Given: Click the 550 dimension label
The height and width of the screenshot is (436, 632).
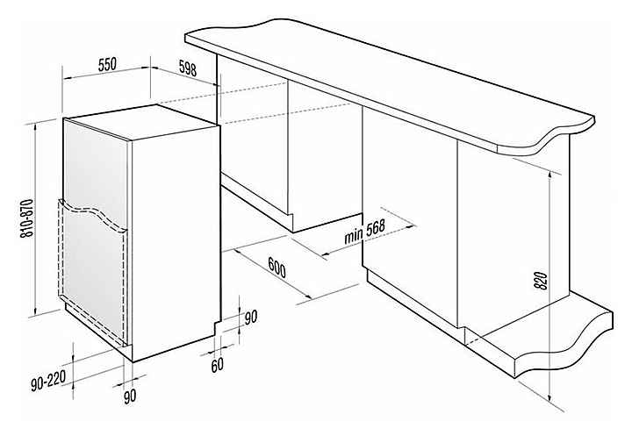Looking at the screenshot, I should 106,63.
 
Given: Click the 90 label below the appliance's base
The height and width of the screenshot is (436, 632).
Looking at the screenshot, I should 131,397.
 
